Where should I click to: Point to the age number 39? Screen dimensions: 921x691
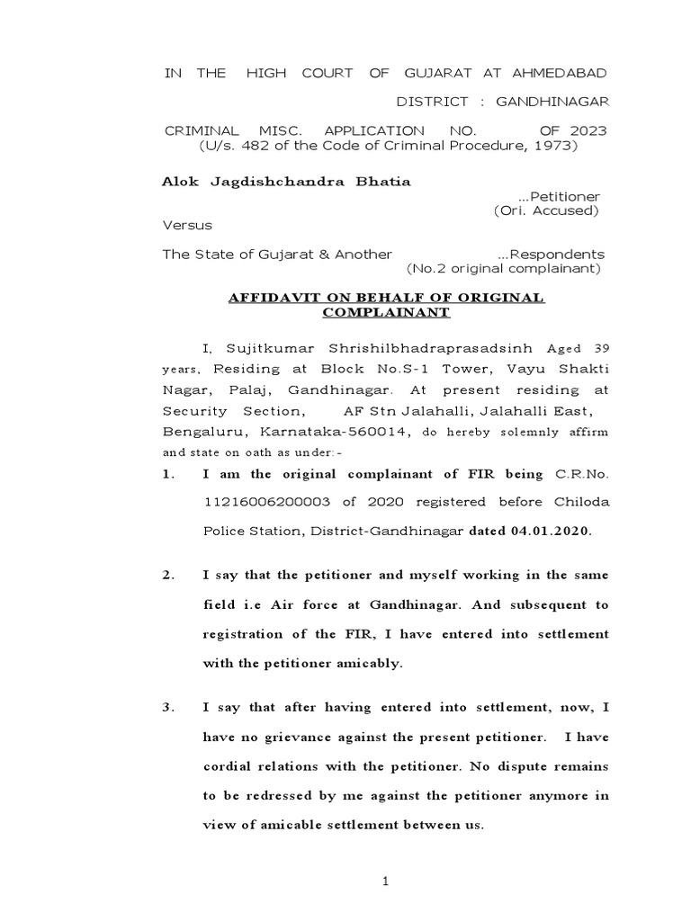click(598, 347)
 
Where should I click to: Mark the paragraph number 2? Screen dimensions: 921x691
click(167, 575)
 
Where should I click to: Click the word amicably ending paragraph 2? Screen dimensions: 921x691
click(363, 665)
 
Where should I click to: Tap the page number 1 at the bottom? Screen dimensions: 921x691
click(385, 881)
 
